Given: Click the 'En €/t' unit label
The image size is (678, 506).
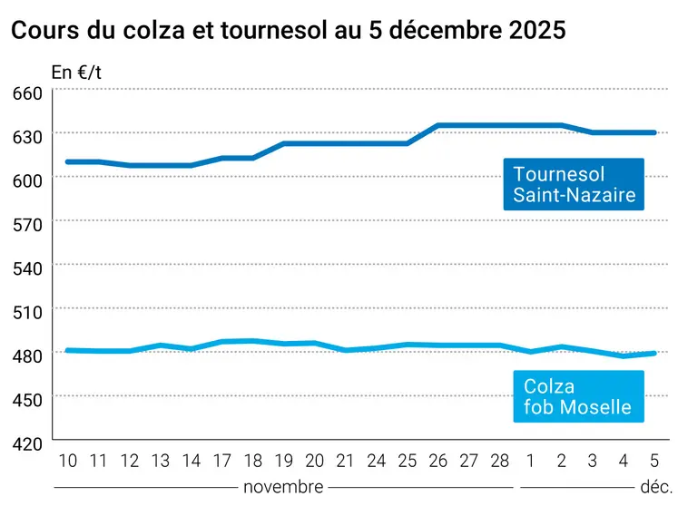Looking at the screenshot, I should click(x=75, y=71).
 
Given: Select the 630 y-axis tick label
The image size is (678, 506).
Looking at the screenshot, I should click(x=27, y=137).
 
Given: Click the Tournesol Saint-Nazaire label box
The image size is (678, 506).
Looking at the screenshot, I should click(x=573, y=184).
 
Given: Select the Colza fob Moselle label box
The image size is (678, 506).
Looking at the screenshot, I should click(x=577, y=397).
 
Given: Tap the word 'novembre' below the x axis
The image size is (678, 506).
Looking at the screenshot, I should click(x=283, y=487).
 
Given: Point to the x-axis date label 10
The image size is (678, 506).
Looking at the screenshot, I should click(x=67, y=461).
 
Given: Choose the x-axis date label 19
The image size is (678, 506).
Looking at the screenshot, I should click(x=283, y=461).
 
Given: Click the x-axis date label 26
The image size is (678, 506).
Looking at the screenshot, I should click(x=437, y=461).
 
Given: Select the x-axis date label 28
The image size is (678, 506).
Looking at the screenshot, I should click(x=499, y=461).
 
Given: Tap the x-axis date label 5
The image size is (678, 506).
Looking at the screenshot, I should click(x=653, y=461).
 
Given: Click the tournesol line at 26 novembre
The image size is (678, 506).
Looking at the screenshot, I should click(x=437, y=125).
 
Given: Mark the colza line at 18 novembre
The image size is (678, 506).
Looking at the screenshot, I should click(x=252, y=341).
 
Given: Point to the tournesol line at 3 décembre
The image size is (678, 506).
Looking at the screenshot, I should click(x=592, y=132).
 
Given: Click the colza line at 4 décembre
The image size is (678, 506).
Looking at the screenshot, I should click(x=623, y=355).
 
